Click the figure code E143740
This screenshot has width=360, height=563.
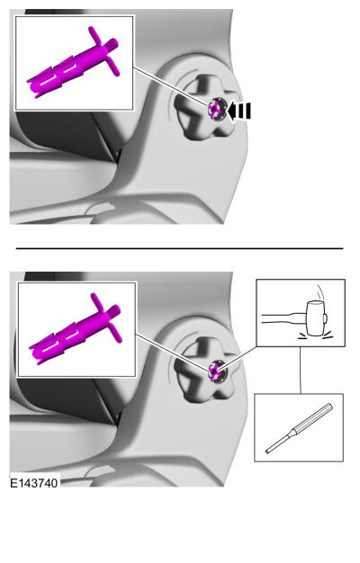[34, 483]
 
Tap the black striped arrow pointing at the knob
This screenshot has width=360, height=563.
[239, 111]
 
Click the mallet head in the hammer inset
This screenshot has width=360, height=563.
[315, 317]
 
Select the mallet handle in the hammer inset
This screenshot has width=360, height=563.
[283, 318]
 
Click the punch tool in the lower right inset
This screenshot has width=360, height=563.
[300, 428]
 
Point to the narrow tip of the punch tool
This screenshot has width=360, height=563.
[267, 451]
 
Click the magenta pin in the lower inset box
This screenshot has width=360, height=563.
[76, 328]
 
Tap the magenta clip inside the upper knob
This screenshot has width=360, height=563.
[216, 109]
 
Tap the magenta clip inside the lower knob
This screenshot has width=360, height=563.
[216, 371]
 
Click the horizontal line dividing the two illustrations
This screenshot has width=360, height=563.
[179, 248]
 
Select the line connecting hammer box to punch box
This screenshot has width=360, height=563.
[301, 371]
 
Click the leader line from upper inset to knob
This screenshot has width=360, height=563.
[171, 86]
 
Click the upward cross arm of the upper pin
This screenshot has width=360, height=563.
[95, 35]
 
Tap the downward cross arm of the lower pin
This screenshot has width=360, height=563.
[116, 331]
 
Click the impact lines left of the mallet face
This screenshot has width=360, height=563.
[303, 336]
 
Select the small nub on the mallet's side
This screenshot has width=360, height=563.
[325, 318]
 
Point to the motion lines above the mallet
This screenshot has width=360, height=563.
[319, 292]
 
